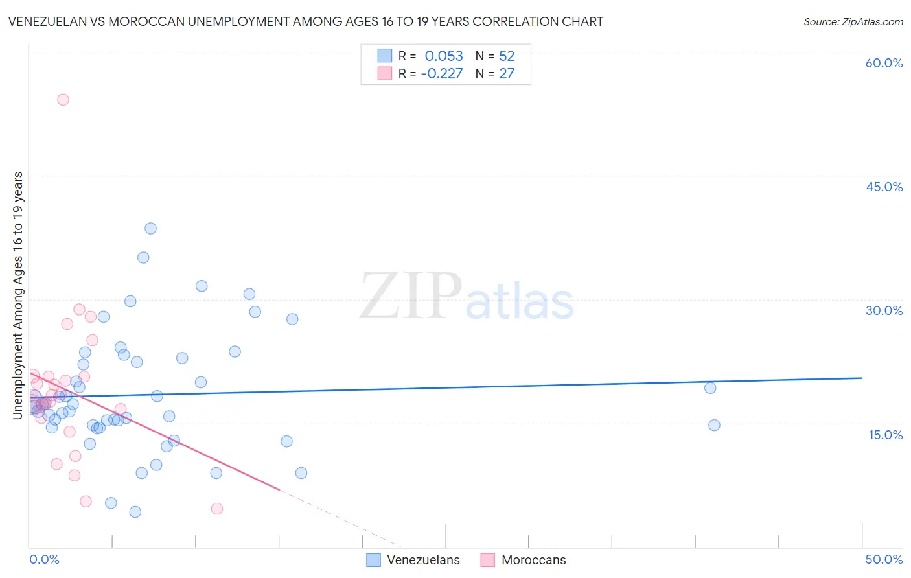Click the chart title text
point(306,22)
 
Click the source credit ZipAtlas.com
point(853,22)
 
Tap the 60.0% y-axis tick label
point(884,63)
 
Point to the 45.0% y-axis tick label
point(884,187)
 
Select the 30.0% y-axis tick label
point(884,310)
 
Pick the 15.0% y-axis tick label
point(885,435)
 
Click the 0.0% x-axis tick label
point(44,559)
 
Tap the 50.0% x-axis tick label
point(884,559)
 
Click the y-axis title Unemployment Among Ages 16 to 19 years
point(18,295)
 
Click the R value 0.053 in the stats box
point(444,56)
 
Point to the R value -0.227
point(442,74)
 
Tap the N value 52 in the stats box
point(507,56)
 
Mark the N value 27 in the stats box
point(507,74)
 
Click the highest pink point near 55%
point(63,100)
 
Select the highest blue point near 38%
point(150,228)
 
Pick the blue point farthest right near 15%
point(714,425)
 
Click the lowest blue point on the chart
point(135,512)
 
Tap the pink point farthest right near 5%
point(217,509)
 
